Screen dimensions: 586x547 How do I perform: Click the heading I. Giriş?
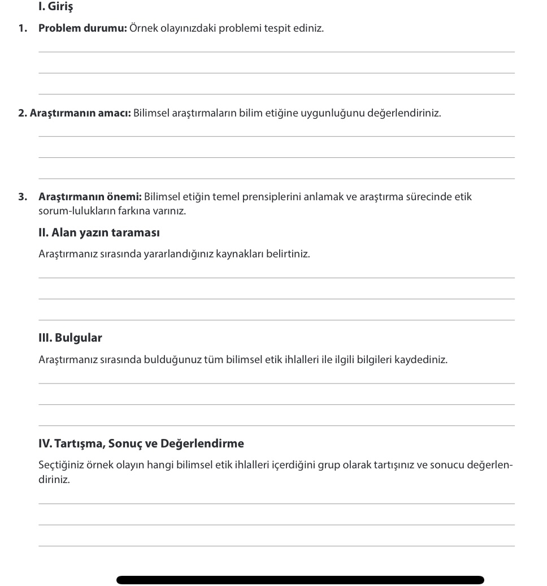click(x=55, y=7)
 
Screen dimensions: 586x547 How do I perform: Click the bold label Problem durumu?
click(x=83, y=28)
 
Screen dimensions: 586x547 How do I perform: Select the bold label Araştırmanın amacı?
click(x=80, y=113)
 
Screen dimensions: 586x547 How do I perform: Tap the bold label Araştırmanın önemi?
click(x=90, y=197)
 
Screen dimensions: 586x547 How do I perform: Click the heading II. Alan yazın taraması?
click(x=99, y=232)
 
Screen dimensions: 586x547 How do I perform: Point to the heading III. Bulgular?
click(x=70, y=338)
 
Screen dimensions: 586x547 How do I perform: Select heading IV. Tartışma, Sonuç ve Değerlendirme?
click(x=141, y=443)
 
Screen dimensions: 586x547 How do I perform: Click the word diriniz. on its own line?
click(x=54, y=480)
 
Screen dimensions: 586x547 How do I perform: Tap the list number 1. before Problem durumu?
click(x=23, y=28)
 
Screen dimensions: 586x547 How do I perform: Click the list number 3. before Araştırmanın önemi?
click(x=23, y=197)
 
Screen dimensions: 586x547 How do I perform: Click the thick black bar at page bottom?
click(x=300, y=580)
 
